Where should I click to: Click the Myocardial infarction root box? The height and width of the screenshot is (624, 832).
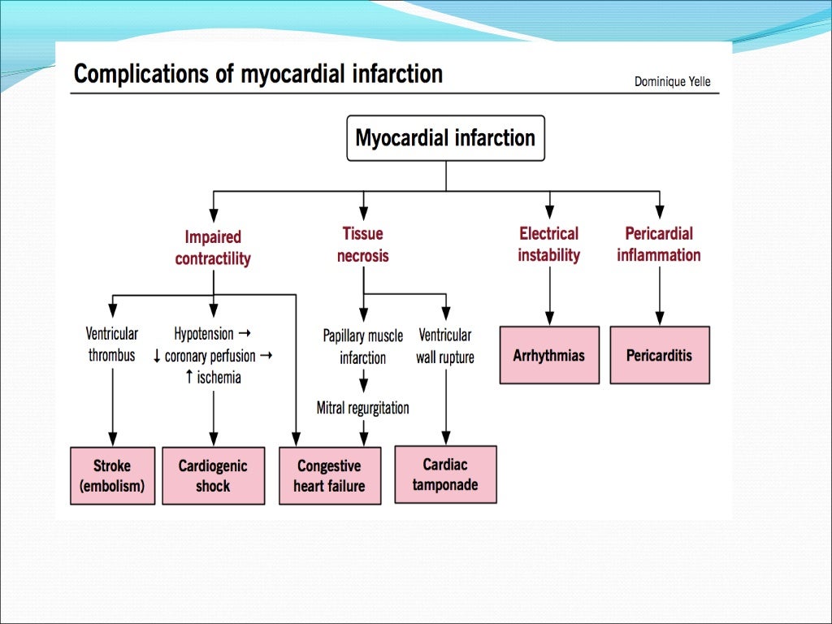tap(445, 138)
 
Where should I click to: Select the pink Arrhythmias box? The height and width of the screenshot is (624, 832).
tap(549, 355)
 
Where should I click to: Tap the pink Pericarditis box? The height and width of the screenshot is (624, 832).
tap(659, 355)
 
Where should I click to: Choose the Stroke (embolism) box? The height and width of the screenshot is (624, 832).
tap(112, 476)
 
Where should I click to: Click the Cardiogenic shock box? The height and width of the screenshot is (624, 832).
tap(213, 476)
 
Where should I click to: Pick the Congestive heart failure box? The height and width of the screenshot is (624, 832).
tap(329, 476)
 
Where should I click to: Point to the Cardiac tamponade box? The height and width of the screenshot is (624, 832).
tap(445, 474)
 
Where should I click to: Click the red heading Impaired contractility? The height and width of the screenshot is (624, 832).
tap(213, 248)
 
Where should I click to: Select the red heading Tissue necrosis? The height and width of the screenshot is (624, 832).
tap(363, 245)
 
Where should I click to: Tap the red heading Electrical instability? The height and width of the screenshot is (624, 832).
tap(549, 244)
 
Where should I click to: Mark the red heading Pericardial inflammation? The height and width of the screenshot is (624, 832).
tap(659, 244)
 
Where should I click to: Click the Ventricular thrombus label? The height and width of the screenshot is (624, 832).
tap(112, 344)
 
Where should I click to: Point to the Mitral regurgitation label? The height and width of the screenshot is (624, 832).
tap(363, 408)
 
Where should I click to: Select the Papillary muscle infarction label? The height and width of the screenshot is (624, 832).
tap(363, 346)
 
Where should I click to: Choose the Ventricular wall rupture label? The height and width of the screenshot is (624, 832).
tap(445, 346)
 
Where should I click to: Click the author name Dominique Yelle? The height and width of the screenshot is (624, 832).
tap(672, 81)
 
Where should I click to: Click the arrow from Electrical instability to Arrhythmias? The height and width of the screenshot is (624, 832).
tap(550, 296)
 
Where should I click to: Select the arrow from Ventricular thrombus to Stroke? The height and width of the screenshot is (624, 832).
tap(112, 406)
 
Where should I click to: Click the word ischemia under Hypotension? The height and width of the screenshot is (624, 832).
tap(219, 378)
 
